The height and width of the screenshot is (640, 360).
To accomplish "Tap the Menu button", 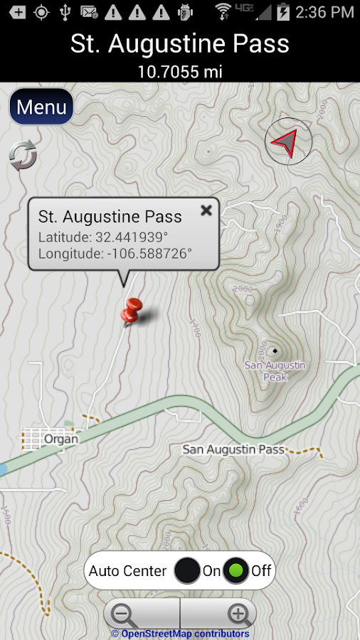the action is [41, 107].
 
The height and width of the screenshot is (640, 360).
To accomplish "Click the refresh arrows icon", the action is [23, 156].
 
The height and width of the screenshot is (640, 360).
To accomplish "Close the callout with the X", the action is [206, 210].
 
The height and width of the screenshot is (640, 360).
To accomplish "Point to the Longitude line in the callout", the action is [115, 253].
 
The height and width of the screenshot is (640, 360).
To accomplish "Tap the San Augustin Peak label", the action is [275, 371].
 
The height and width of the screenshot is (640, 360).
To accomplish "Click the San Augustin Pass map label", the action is [233, 449].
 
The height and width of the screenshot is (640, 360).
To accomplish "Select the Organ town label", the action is [60, 439].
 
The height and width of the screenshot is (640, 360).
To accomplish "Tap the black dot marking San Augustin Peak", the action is [274, 351].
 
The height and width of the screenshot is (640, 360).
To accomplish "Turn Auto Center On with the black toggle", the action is [188, 570].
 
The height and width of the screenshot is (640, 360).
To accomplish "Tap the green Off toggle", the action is [235, 570].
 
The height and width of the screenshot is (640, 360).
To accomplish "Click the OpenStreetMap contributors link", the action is [180, 634].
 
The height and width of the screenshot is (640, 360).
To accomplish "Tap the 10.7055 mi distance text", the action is [179, 71].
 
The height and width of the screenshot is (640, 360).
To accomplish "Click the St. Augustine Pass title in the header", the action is [179, 44].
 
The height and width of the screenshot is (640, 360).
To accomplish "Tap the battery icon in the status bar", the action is [283, 11].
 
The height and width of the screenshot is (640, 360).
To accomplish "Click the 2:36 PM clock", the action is [324, 12].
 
